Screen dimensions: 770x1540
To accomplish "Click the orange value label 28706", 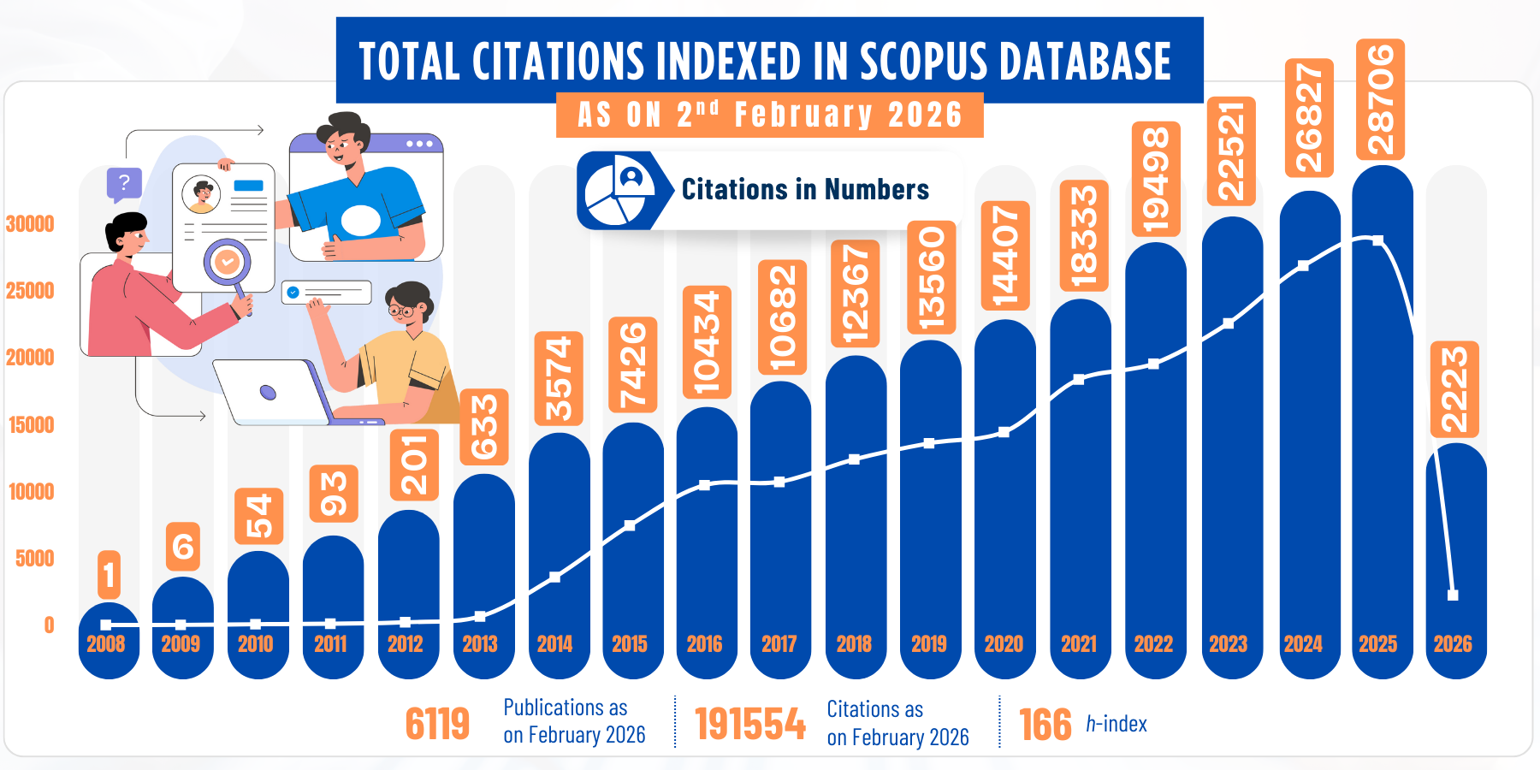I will click(1380, 99).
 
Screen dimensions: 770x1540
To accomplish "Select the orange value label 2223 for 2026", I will click(1454, 389).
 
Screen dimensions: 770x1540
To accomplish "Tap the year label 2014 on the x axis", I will click(554, 644).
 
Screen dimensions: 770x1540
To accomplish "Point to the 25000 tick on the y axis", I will click(30, 291).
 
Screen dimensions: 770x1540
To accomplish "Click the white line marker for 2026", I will click(1452, 595).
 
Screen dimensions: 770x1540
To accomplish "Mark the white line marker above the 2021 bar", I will click(1078, 379).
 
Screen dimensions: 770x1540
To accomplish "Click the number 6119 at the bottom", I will click(437, 724).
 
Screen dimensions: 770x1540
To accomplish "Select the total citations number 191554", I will click(749, 724).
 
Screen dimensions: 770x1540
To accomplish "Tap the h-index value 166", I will click(1045, 725).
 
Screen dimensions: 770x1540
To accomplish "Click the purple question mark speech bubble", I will click(123, 182).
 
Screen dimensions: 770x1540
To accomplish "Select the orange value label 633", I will click(484, 426).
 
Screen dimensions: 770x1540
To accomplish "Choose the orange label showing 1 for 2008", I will click(109, 574).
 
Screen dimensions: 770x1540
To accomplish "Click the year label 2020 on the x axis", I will click(1004, 644).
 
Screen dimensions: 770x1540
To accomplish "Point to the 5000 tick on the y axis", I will click(34, 559).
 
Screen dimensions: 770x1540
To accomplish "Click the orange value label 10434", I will click(707, 341).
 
